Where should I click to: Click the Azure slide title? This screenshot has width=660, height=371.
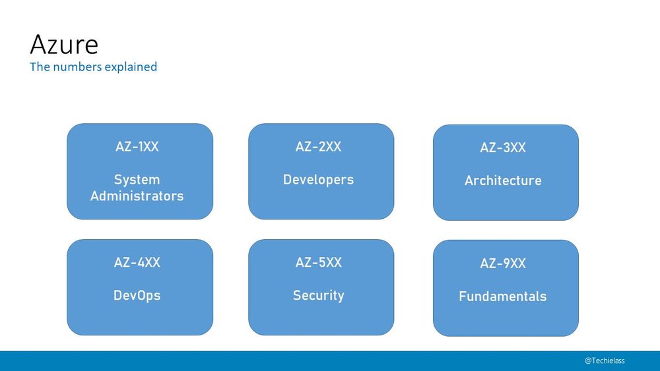[64, 45]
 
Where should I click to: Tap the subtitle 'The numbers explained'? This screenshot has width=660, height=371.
[93, 67]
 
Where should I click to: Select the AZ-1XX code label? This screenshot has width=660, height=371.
[137, 147]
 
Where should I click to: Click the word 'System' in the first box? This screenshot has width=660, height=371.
[137, 179]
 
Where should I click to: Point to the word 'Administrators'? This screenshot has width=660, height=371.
[137, 196]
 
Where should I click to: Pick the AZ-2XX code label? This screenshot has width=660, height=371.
[318, 147]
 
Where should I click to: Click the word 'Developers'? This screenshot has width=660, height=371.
[318, 179]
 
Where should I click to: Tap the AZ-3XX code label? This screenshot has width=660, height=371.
[503, 148]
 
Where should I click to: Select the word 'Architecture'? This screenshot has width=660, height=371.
[503, 181]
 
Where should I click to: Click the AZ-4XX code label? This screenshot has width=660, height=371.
[137, 263]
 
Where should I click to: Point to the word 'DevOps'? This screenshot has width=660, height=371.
[137, 295]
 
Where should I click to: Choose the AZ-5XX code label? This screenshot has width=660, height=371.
[318, 263]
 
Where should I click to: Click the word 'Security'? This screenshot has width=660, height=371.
[318, 295]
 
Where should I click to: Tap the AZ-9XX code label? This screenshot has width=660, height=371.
[503, 264]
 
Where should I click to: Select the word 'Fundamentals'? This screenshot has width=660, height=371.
[503, 297]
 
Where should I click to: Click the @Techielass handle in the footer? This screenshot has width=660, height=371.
[605, 360]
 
